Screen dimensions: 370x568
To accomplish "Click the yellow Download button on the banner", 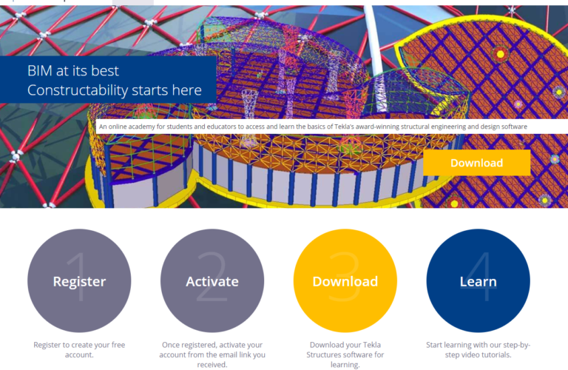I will point(476,163).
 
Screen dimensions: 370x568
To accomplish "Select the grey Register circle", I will point(79,281).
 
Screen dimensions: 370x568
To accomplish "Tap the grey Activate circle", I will point(212,281).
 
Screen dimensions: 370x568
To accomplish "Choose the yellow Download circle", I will point(345,281).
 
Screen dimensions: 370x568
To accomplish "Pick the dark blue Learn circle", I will point(478,281).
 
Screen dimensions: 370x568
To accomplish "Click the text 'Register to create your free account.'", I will point(79,350).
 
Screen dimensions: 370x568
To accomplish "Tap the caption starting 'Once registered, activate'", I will point(212,354).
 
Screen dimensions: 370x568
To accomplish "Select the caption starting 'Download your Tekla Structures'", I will point(345,354).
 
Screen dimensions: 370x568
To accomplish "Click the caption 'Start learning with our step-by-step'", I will point(478,350).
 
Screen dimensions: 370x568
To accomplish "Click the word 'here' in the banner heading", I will point(186,90).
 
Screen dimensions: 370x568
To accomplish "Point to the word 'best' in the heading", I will point(104,71).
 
